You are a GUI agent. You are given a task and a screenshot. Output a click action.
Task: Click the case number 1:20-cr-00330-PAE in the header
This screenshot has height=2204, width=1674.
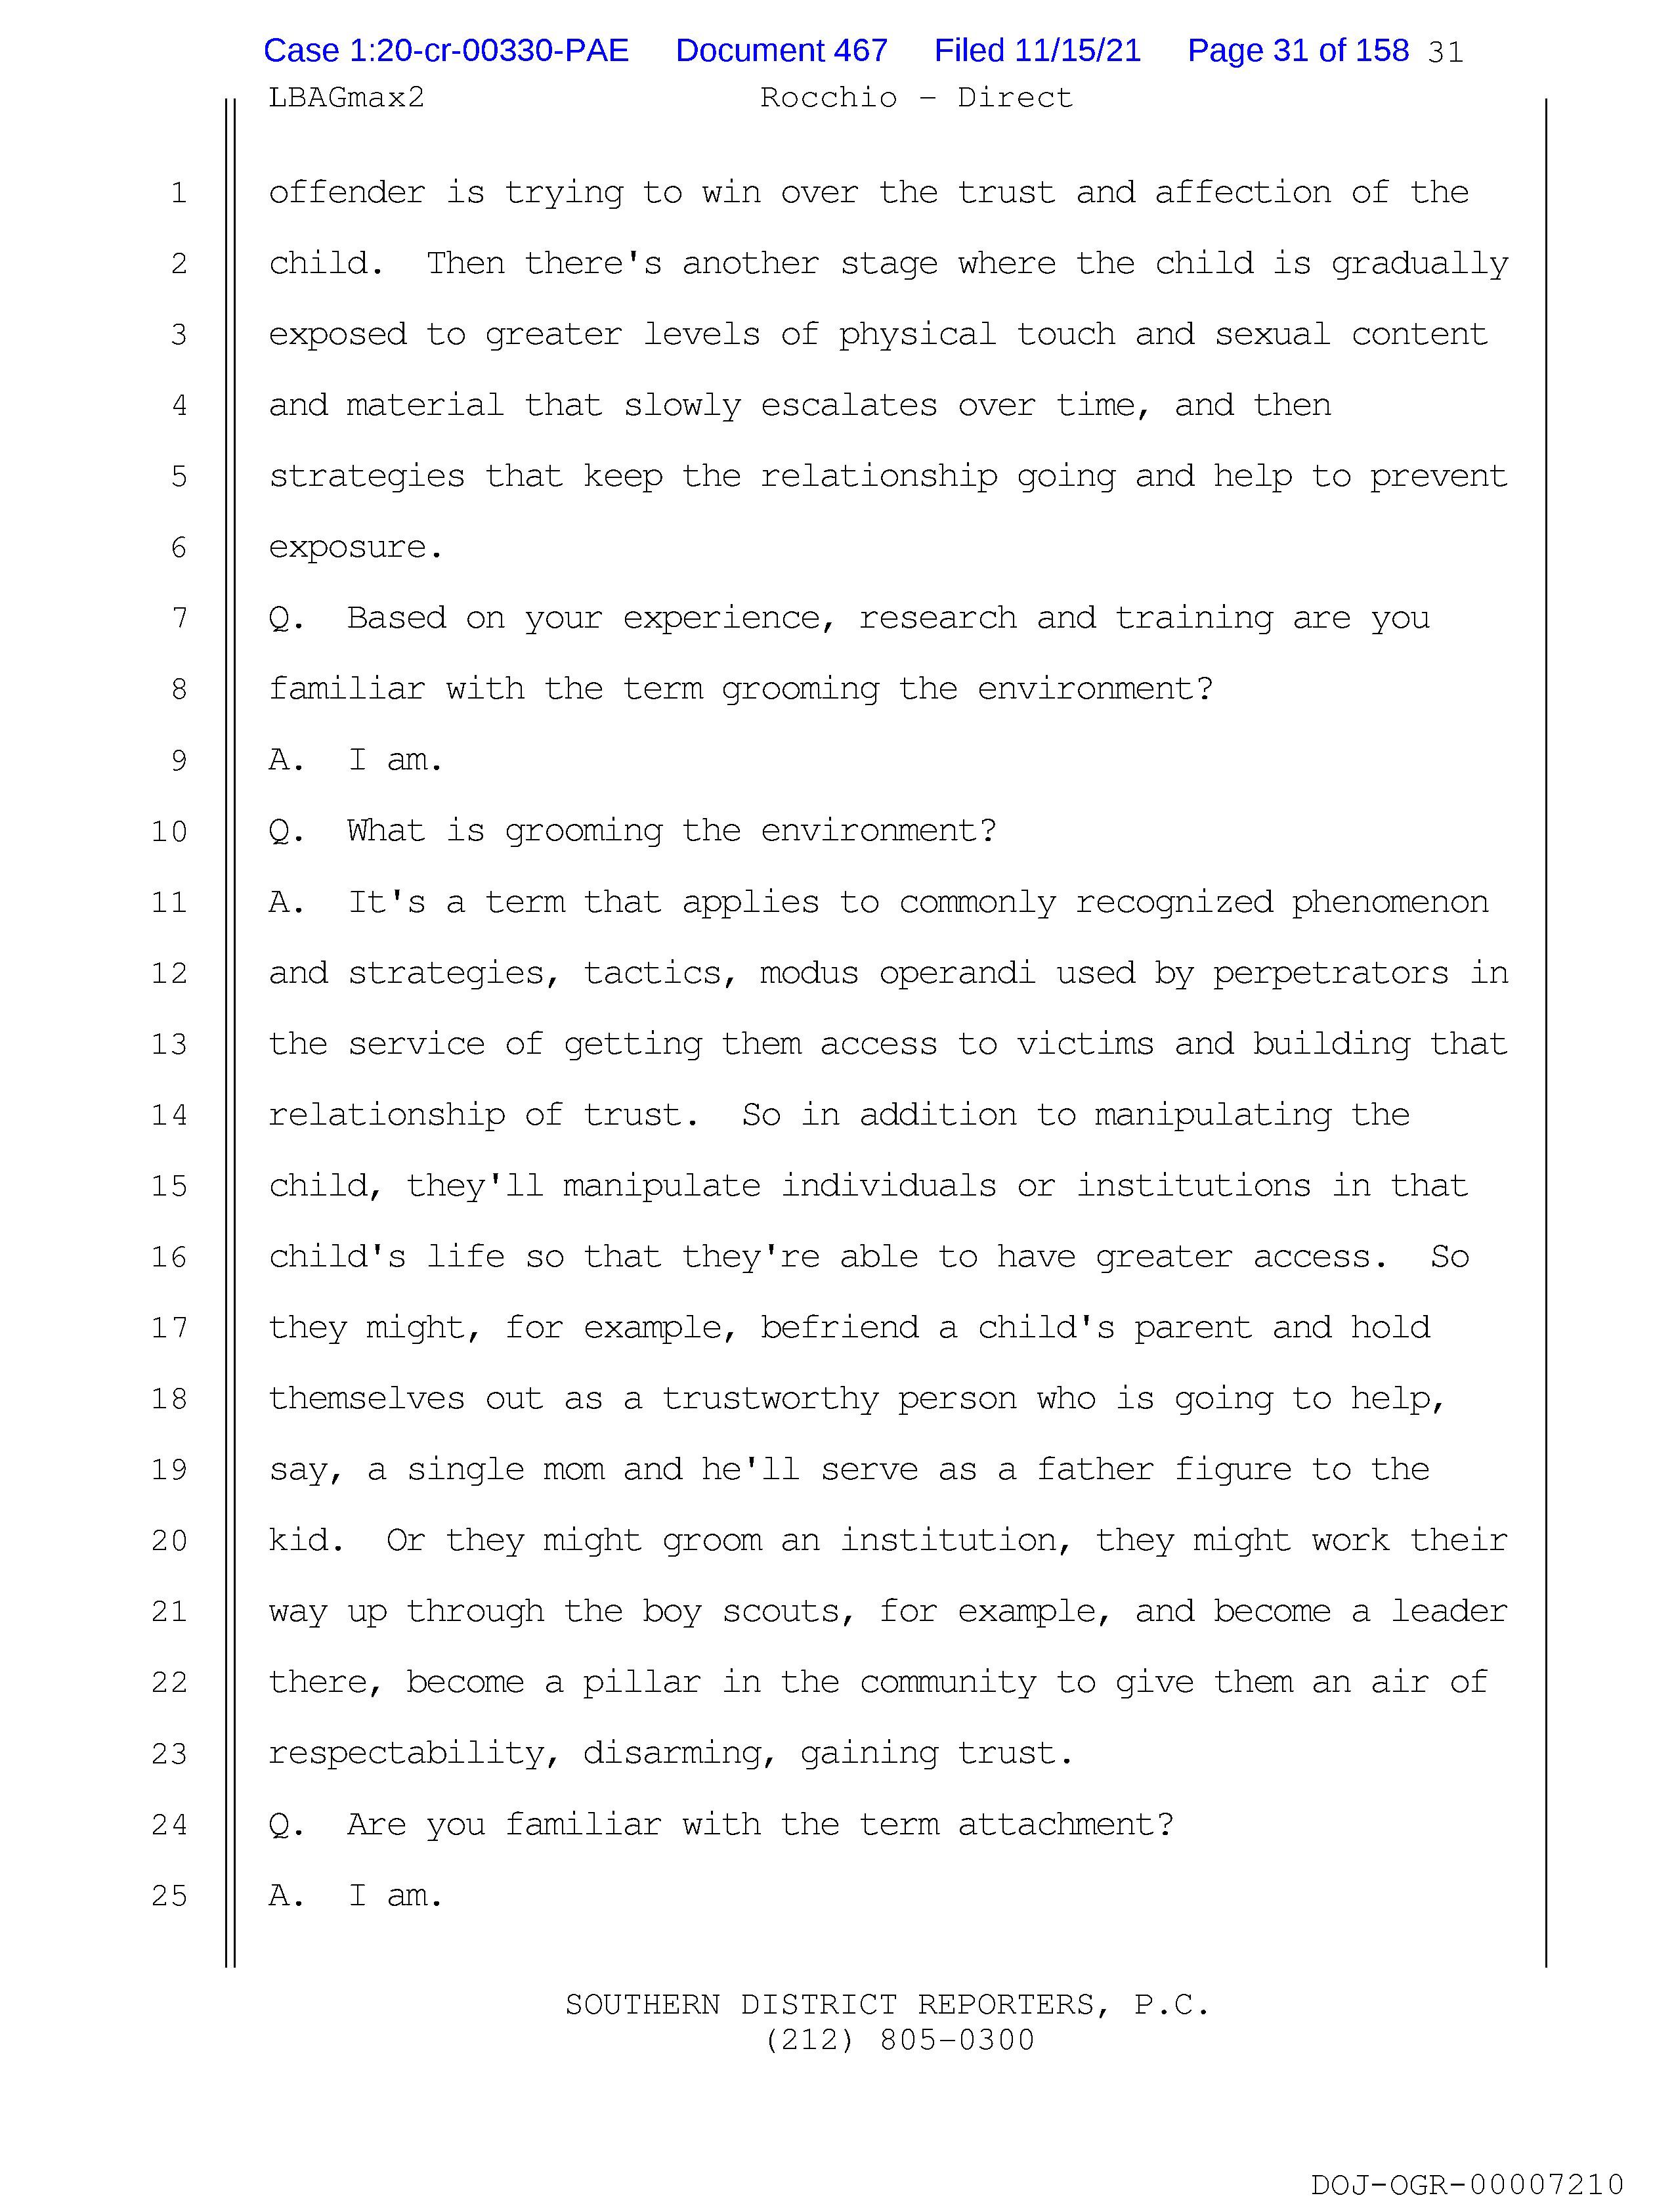tap(445, 51)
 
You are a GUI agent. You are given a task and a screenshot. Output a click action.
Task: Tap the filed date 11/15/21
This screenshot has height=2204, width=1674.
tap(1037, 51)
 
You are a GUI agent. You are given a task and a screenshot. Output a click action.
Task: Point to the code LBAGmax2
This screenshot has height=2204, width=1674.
tap(346, 98)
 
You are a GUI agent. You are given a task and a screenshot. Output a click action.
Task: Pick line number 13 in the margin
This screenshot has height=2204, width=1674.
tap(169, 1044)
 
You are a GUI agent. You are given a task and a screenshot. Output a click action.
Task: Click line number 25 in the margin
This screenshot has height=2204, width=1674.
tap(169, 1895)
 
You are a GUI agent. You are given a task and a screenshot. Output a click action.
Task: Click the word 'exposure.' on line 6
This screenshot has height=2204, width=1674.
tap(356, 547)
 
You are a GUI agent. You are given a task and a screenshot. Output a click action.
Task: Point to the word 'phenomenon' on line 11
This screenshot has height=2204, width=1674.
tap(1390, 901)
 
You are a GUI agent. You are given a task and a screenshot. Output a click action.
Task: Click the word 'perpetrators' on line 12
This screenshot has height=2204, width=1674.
tap(1330, 972)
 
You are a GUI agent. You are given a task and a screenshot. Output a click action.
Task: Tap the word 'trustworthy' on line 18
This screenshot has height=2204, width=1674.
tap(770, 1399)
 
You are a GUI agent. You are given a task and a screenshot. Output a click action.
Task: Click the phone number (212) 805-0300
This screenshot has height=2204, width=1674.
tap(900, 2041)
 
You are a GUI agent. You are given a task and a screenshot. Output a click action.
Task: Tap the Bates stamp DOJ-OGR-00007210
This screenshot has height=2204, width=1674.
tap(1467, 2185)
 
